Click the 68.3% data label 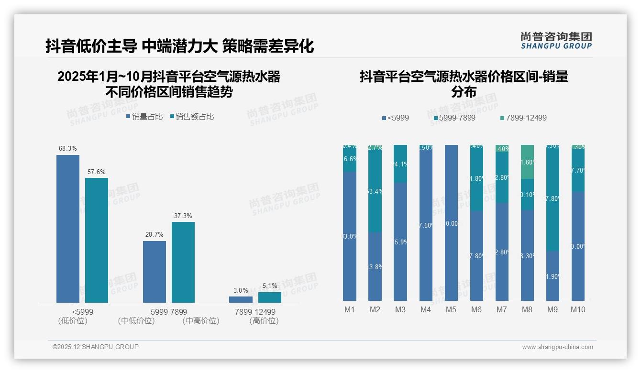(x=68, y=149)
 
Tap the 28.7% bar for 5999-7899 (x=155, y=271)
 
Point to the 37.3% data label (x=183, y=216)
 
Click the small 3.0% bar (x=241, y=299)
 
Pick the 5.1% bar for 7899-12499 (x=270, y=297)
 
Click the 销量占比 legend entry (x=144, y=117)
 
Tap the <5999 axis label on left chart (x=82, y=312)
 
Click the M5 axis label (x=451, y=309)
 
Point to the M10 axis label (x=578, y=309)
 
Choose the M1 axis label (x=350, y=309)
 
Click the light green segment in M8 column (x=527, y=162)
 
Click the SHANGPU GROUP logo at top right (x=556, y=40)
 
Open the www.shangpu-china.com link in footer (x=557, y=347)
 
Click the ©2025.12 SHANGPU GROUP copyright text (x=96, y=347)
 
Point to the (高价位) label (x=264, y=321)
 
